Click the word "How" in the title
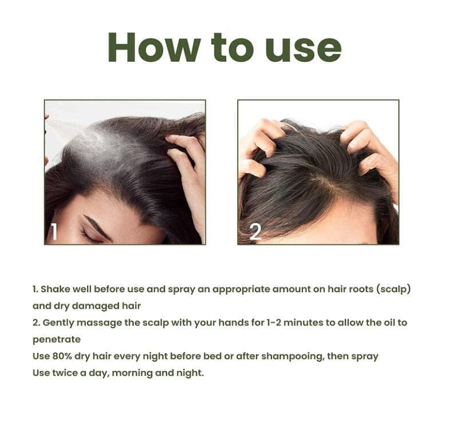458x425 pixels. [x=154, y=47]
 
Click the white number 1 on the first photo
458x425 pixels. [x=53, y=232]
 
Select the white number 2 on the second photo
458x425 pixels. [x=255, y=232]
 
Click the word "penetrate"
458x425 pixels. [x=56, y=340]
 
